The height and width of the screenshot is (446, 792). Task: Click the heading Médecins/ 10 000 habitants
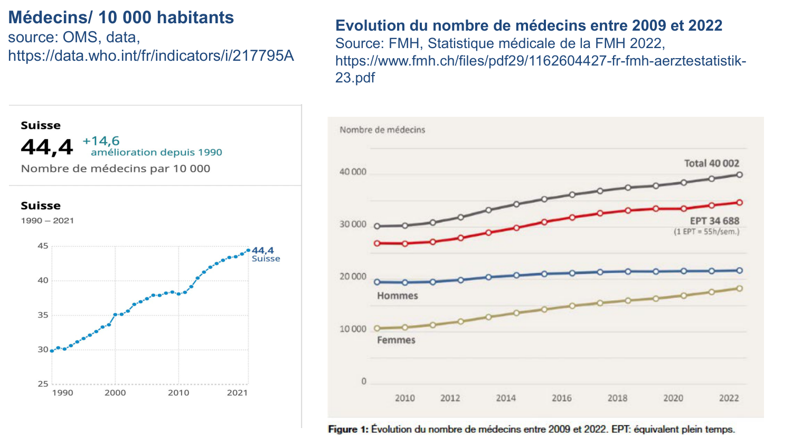[x=121, y=17]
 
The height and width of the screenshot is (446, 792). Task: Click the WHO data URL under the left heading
[x=150, y=55]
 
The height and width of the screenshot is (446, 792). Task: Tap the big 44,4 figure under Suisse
[x=46, y=147]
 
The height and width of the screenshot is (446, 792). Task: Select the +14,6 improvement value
[x=101, y=141]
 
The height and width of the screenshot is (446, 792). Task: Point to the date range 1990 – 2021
[x=48, y=220]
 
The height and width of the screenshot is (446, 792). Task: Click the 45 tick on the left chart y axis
[x=43, y=246]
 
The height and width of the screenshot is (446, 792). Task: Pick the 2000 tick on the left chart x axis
[x=115, y=393]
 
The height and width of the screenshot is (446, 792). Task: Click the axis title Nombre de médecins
[x=382, y=129]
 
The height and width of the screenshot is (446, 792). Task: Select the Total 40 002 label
[x=711, y=163]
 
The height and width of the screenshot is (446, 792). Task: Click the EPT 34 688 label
[x=714, y=221]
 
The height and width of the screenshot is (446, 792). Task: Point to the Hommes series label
[x=397, y=296]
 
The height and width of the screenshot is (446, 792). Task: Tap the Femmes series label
[x=396, y=340]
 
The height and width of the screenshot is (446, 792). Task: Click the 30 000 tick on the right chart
[x=353, y=224]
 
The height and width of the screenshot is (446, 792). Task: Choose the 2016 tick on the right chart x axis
[x=561, y=398]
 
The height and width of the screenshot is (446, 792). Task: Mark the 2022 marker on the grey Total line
[x=739, y=174]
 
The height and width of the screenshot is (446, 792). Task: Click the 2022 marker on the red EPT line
[x=739, y=202]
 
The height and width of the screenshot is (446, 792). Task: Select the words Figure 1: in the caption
[x=348, y=429]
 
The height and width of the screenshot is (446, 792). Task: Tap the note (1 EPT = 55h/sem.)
[x=706, y=231]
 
